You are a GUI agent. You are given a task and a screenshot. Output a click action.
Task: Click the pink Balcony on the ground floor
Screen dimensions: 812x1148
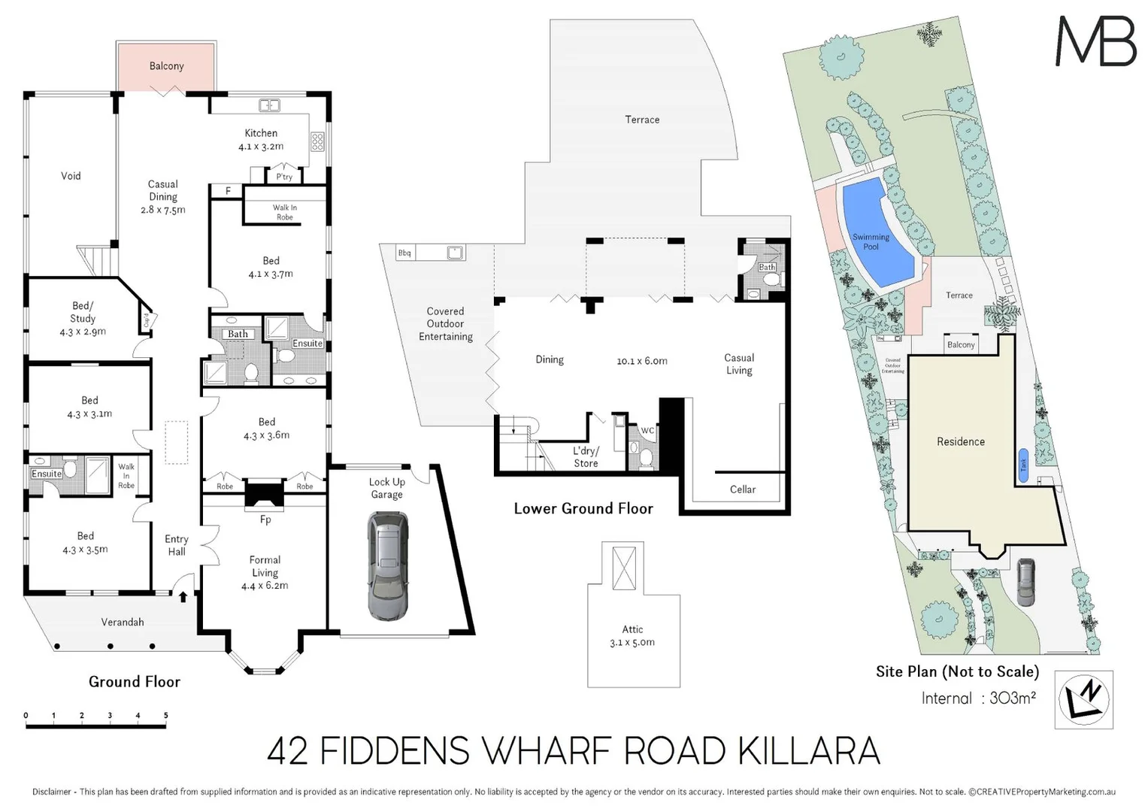coord(166,66)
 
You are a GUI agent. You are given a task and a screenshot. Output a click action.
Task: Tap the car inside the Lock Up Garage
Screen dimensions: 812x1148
coord(388,565)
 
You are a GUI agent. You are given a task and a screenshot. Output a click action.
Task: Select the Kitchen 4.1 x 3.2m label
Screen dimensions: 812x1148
coord(261,140)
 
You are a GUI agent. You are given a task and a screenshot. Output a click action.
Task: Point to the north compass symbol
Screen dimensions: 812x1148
coord(1083,699)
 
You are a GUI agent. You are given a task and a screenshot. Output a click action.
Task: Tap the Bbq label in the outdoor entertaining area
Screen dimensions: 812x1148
coord(404,253)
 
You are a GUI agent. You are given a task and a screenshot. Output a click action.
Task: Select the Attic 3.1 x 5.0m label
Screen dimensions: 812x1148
coord(632,636)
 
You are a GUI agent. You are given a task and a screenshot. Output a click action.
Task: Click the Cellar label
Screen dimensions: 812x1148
coord(743,489)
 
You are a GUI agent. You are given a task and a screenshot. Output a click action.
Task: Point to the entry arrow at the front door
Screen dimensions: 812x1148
coord(183,597)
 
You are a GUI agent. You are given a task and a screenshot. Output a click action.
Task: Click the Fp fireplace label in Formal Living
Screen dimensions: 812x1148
coord(265,520)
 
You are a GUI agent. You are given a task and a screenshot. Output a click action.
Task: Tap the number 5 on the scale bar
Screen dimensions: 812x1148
coord(165,716)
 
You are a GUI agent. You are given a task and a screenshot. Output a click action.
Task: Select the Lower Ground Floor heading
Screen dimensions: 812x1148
coord(583,509)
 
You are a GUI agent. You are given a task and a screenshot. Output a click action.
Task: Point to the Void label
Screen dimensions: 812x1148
coord(71,176)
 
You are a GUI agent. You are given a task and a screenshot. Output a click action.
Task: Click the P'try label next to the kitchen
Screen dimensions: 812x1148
coord(284,177)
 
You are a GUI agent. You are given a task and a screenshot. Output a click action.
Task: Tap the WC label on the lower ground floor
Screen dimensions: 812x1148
coord(647,432)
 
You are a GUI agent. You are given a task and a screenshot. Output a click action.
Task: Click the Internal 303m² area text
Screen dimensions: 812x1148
coord(978,698)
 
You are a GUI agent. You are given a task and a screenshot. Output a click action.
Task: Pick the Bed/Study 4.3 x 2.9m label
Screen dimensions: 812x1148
coord(83,319)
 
